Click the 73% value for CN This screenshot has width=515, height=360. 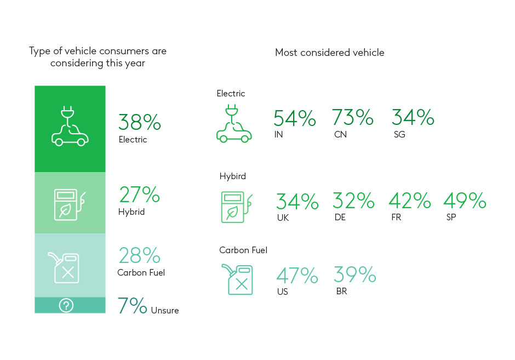(x=353, y=118)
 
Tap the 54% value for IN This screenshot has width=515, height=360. (x=295, y=118)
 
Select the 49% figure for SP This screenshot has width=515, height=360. (x=465, y=201)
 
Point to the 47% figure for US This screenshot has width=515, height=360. (x=297, y=275)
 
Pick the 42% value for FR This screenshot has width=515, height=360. (x=410, y=201)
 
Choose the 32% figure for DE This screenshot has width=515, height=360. (x=353, y=201)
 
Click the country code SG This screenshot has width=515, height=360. (x=399, y=134)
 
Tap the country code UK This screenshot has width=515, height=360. (x=283, y=218)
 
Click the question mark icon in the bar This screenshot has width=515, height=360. (x=66, y=306)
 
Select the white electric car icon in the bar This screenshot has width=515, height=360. (x=70, y=128)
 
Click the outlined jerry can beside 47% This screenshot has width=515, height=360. (x=237, y=279)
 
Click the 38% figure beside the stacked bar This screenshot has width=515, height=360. (x=140, y=122)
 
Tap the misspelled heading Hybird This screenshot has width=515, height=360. (x=233, y=176)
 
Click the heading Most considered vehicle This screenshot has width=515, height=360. (x=329, y=53)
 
